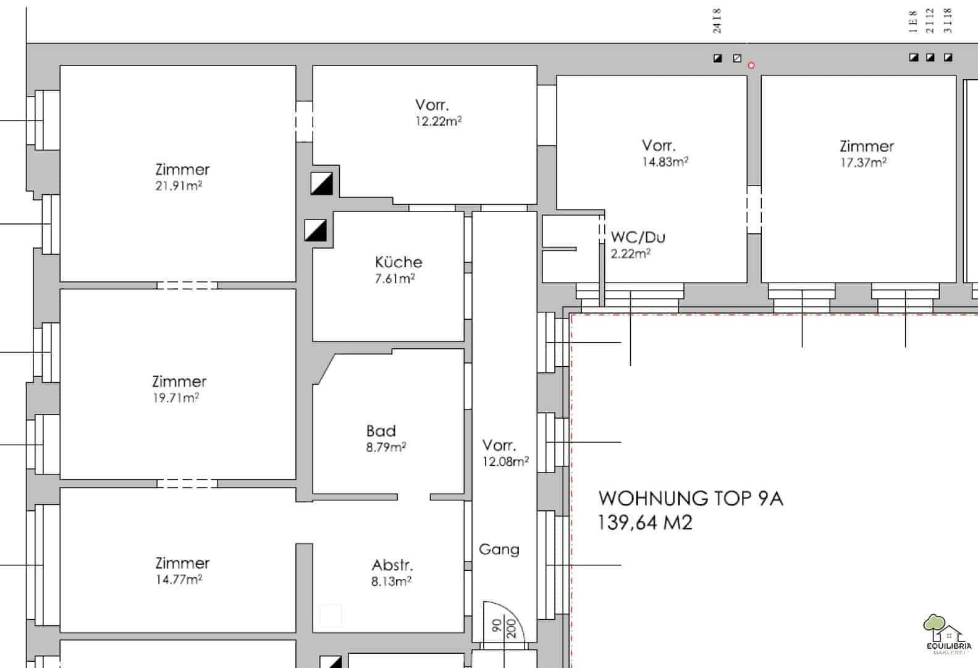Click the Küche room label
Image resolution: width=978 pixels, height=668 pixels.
398,262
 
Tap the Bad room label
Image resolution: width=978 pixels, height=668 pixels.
381,431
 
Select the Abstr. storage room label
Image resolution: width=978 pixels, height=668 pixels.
392,565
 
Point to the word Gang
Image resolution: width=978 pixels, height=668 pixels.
499,549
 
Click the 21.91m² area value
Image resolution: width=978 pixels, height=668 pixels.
179,186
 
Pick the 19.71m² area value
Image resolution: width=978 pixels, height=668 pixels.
175,398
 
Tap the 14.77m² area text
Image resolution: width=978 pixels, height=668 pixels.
179,580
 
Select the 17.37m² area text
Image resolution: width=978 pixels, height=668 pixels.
864,163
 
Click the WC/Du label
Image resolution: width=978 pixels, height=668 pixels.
638,238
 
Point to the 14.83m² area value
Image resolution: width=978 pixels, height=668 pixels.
665,162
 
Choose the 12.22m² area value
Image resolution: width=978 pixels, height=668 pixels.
439,121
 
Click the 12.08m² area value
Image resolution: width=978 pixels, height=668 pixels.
505,461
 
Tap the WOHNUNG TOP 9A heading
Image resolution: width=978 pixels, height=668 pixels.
691,499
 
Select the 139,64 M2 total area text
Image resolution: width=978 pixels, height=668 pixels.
644,523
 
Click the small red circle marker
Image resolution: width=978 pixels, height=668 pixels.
751,66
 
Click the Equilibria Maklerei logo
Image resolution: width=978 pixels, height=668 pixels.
948,634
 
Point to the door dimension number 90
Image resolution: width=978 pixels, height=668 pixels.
497,625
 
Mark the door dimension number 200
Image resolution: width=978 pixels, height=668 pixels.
512,628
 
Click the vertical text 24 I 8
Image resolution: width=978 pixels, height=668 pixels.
717,20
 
